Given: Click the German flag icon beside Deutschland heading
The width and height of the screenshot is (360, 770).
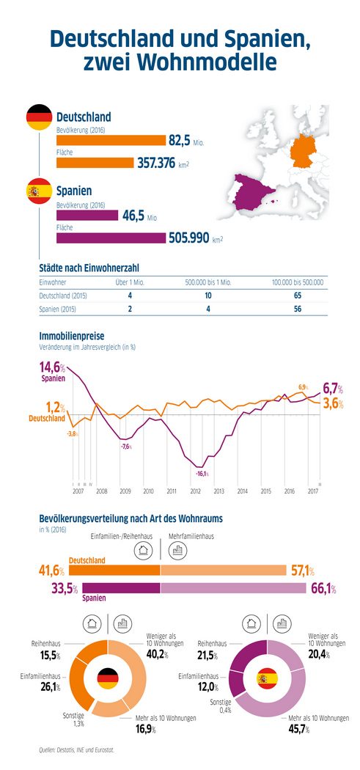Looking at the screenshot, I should point(38,118).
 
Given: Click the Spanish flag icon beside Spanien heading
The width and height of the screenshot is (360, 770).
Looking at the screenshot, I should point(38,191).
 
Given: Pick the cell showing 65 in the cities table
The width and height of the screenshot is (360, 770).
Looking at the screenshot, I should point(298,295).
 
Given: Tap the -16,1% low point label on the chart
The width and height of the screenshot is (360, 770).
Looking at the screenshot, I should point(202,474).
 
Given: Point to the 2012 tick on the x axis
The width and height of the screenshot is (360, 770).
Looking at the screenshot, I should point(195,491).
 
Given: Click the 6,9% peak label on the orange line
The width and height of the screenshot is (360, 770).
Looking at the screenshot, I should point(302,386).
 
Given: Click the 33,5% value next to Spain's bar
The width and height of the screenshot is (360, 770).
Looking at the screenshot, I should point(65,588).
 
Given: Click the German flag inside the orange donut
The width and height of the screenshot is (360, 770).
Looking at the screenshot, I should point(108,678).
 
